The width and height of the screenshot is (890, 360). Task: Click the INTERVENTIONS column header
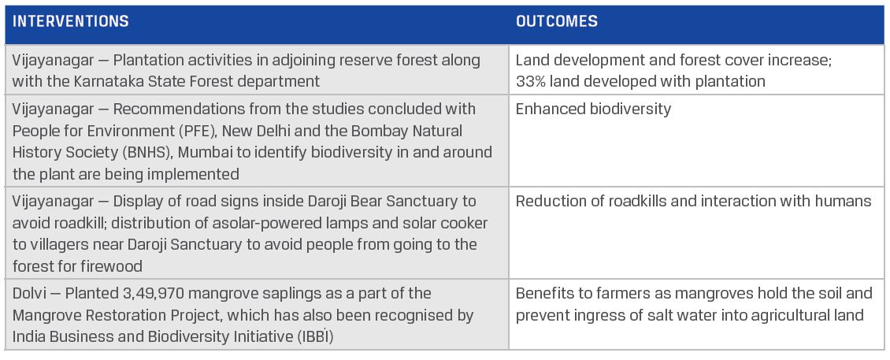(x=70, y=22)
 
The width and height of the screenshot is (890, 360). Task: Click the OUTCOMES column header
(x=556, y=22)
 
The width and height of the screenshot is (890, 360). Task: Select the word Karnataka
(x=107, y=81)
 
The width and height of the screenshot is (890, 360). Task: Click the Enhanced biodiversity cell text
(x=593, y=109)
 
